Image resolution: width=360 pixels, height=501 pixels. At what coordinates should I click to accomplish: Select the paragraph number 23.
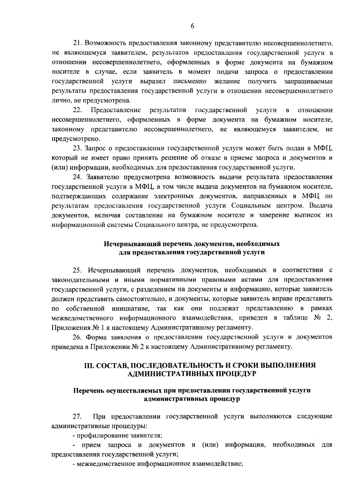(x=78, y=148)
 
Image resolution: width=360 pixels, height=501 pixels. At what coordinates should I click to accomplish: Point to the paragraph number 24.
(x=78, y=177)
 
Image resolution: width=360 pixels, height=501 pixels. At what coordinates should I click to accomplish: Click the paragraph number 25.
(x=78, y=270)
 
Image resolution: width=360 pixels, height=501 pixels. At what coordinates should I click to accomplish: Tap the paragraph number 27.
(x=78, y=417)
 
